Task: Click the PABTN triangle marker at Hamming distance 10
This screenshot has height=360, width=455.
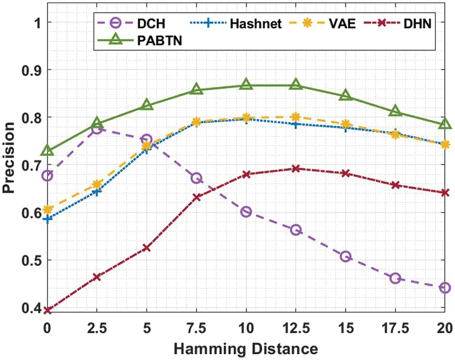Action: [246, 85]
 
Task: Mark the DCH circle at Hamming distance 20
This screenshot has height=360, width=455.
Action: [445, 288]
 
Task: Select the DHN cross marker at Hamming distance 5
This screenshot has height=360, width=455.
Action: [147, 248]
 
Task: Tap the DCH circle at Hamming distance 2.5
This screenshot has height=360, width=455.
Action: [97, 129]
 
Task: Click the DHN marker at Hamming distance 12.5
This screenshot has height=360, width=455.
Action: [296, 169]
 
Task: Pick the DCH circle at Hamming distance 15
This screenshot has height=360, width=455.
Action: [345, 257]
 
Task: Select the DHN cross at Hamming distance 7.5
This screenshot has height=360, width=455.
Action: [196, 197]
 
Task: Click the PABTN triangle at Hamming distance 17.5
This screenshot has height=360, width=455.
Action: [395, 111]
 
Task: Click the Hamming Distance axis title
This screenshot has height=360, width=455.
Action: [246, 348]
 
